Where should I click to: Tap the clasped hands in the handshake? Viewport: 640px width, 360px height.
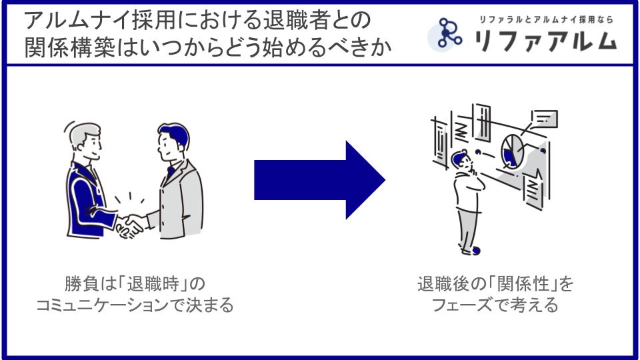click(x=130, y=225)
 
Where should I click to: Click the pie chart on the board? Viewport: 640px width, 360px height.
click(x=511, y=151)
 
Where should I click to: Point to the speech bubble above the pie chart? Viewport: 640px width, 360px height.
click(x=545, y=120)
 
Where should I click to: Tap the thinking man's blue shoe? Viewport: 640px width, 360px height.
click(x=475, y=251)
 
